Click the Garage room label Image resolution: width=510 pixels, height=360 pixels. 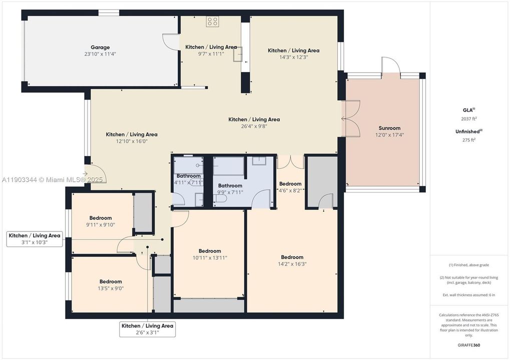(x=100, y=47)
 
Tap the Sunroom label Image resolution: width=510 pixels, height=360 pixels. (x=389, y=128)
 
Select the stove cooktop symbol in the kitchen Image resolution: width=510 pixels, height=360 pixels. (x=212, y=21)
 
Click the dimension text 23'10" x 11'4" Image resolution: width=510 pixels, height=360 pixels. (x=100, y=54)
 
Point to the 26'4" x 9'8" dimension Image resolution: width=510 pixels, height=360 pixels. (x=254, y=126)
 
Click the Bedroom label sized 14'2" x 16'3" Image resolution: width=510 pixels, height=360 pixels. (x=292, y=257)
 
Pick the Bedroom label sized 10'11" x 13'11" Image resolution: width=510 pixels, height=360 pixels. (x=210, y=251)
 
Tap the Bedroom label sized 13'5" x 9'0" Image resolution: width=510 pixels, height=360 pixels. (x=111, y=281)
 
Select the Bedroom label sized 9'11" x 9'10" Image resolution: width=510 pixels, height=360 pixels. (x=101, y=218)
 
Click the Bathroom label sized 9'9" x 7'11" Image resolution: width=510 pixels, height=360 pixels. (x=230, y=186)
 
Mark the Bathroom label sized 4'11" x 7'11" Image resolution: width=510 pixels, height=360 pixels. (x=188, y=176)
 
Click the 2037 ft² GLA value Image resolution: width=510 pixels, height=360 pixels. (x=469, y=119)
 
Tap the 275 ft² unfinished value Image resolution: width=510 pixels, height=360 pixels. (x=469, y=140)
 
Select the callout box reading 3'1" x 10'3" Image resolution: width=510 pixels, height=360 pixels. (x=35, y=239)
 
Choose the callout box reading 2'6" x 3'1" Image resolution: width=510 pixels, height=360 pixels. (x=148, y=329)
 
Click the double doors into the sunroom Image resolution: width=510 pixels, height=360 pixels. (x=351, y=118)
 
